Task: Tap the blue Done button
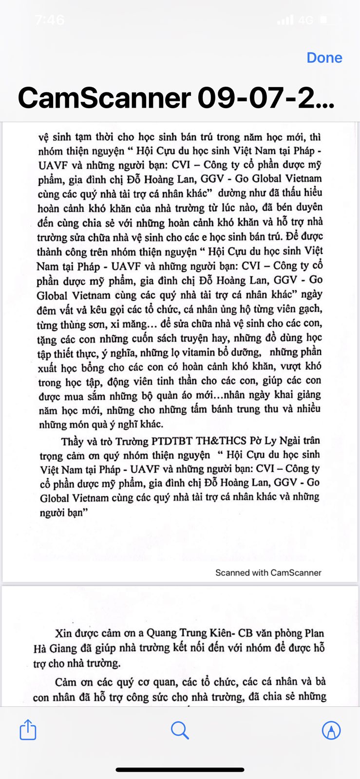324,57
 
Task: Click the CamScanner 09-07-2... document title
176,98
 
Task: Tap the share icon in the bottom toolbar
28,730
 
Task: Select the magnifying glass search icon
180,730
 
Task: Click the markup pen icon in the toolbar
331,730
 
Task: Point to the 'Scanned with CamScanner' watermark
268,573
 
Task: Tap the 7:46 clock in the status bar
50,20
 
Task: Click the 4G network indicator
305,20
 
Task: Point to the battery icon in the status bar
330,20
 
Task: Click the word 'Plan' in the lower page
314,633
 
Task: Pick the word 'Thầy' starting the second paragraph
72,442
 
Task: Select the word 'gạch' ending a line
311,309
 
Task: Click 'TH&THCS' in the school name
219,441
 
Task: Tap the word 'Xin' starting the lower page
63,633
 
